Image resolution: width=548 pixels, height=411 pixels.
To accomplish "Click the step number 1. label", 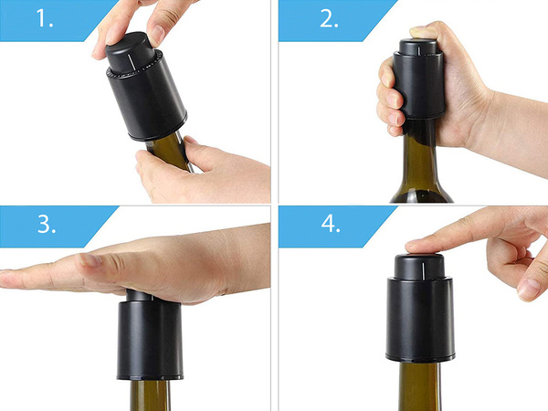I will (x=36, y=19).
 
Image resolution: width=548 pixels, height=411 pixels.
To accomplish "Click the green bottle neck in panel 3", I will (x=150, y=395).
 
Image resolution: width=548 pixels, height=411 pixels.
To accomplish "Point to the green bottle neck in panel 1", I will (x=169, y=151).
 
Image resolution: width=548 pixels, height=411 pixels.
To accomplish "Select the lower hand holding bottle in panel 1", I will (x=201, y=174).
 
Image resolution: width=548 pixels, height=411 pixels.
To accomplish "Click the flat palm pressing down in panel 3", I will (x=137, y=269).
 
